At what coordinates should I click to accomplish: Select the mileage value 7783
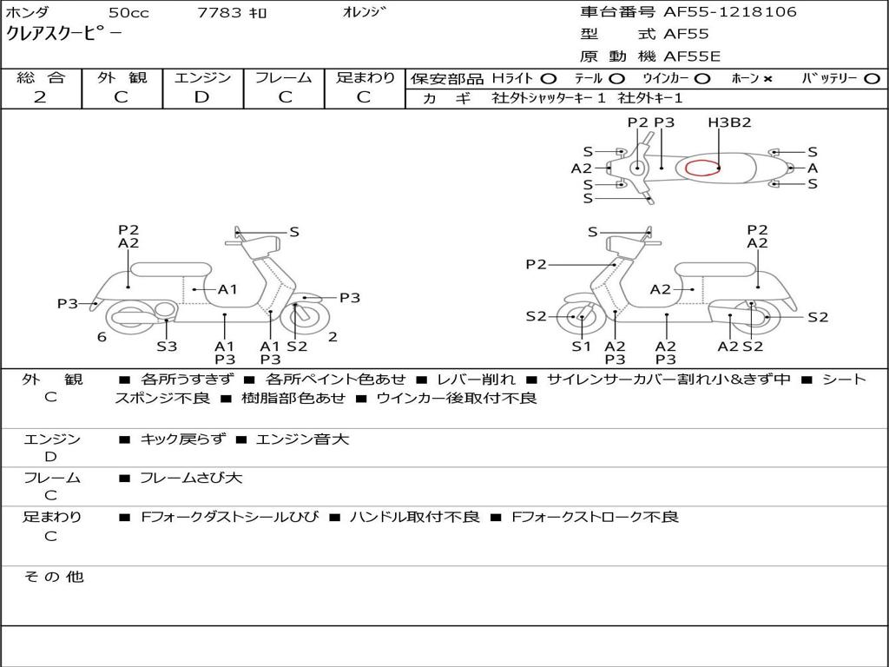[x=219, y=13]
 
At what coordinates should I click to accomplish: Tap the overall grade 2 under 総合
[x=40, y=96]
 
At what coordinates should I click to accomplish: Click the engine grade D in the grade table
[x=202, y=96]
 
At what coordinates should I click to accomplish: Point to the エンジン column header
[x=202, y=77]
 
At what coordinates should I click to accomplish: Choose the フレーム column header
[x=284, y=77]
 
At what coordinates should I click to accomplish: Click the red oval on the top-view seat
[x=702, y=168]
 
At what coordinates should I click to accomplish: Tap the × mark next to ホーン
[x=767, y=78]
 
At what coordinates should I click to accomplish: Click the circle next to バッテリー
[x=872, y=78]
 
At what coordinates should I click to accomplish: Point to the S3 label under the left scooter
[x=167, y=346]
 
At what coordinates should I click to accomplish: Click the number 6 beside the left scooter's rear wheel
[x=102, y=337]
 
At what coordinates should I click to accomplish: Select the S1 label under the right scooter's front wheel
[x=581, y=346]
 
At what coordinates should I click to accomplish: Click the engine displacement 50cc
[x=127, y=13]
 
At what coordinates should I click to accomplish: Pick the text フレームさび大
[x=191, y=478]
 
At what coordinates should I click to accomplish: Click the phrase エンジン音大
[x=302, y=439]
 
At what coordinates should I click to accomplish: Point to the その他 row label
[x=53, y=577]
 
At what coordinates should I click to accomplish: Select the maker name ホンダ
[x=27, y=12]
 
